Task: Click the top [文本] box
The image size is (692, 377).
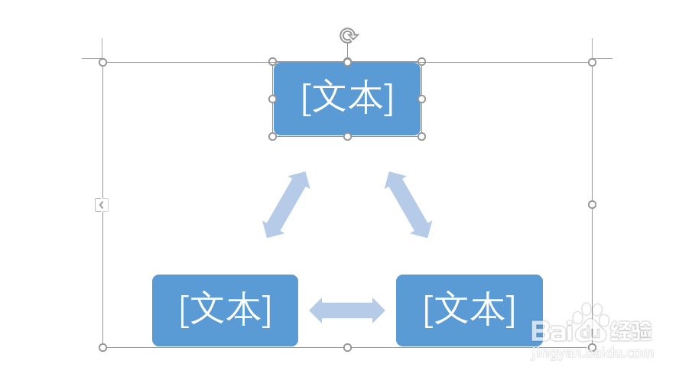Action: (347, 99)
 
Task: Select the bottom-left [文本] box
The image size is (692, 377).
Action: (225, 310)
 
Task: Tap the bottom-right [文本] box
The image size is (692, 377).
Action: (469, 310)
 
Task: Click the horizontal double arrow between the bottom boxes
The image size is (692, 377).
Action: (347, 310)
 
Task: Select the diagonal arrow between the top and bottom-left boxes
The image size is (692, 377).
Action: (286, 204)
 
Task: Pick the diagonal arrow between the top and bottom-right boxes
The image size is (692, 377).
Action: (408, 204)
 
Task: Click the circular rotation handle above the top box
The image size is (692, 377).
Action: (348, 35)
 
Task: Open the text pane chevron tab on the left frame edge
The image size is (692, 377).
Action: (102, 204)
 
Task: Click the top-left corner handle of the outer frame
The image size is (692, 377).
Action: (102, 62)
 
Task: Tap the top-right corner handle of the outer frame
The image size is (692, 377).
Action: (592, 62)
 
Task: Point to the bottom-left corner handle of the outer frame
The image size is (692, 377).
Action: (102, 347)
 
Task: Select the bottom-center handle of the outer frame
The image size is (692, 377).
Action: (347, 347)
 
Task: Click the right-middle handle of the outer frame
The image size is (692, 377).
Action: (592, 204)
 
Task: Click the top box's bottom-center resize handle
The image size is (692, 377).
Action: (347, 136)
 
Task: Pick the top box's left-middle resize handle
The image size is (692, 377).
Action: (272, 99)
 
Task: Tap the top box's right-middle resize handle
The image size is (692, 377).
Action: (421, 99)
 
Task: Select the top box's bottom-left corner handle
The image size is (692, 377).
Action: (272, 136)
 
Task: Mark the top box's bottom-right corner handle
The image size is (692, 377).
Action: (421, 136)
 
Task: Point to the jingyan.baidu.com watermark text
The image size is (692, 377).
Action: (593, 353)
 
